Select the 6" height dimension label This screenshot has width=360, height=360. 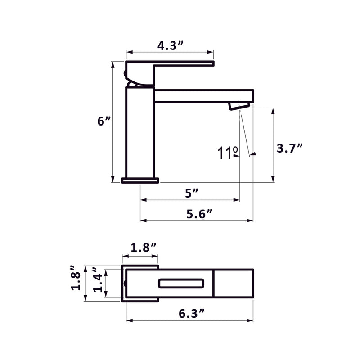104,121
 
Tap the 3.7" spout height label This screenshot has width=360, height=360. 289,148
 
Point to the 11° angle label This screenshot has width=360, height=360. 228,153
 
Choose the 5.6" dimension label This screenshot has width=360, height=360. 199,214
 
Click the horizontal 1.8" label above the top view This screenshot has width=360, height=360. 144,247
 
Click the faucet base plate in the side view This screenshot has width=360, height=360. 140,180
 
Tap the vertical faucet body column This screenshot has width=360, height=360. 139,133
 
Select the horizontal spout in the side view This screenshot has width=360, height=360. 202,95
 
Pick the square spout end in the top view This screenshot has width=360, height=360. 233,283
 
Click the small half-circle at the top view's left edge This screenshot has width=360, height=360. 124,283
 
